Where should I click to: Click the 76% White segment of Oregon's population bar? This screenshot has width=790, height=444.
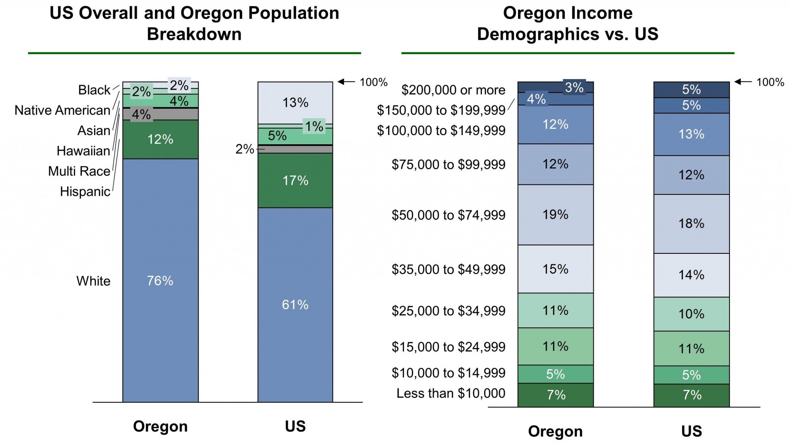tap(160, 280)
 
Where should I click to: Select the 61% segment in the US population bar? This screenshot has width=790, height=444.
tap(295, 305)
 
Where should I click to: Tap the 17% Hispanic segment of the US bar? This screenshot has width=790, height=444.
tap(295, 181)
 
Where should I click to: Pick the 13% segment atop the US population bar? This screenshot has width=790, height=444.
tap(295, 103)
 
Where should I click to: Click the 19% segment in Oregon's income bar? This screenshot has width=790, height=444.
tap(555, 214)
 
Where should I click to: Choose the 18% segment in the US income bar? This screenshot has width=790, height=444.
tap(691, 224)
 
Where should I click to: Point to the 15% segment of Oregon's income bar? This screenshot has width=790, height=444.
tap(555, 269)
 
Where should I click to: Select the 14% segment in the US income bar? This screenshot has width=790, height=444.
tap(691, 275)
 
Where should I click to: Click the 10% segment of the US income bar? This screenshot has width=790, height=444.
tap(691, 314)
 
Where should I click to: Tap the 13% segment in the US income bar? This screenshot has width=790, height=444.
tap(691, 134)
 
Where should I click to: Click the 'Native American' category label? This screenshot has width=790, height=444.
tap(62, 110)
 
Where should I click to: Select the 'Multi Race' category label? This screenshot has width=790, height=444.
tap(79, 171)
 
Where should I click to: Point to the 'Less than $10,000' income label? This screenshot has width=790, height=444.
tap(451, 393)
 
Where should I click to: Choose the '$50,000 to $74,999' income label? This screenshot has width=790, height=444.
tap(448, 215)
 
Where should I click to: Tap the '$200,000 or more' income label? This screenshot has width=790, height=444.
tap(453, 90)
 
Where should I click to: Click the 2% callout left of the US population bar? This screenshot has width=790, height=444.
tap(245, 149)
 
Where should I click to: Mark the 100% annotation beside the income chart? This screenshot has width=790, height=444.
tap(770, 82)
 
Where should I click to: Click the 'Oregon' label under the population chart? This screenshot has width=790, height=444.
tap(160, 426)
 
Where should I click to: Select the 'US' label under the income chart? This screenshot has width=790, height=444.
tap(691, 431)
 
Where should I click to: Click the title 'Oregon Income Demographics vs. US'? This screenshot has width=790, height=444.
tap(567, 24)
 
